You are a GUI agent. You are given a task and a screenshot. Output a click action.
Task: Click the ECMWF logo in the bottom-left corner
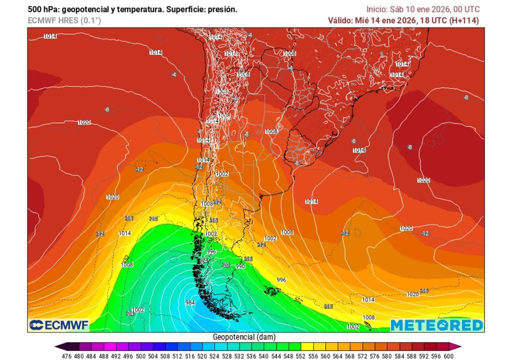tap(59, 325)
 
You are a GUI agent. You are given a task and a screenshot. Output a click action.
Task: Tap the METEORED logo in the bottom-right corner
tap(436, 325)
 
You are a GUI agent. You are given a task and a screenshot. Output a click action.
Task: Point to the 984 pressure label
tap(190, 303)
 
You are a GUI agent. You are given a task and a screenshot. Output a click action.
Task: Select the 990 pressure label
tap(240, 266)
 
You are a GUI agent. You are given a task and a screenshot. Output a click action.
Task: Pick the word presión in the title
tap(223, 9)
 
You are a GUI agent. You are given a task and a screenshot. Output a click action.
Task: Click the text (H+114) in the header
tap(464, 20)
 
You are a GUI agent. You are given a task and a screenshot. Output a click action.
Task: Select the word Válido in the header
tap(339, 20)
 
